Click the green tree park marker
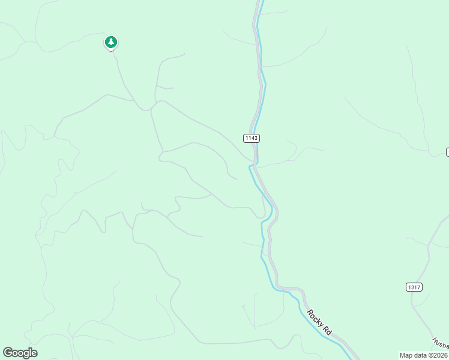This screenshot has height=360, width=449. click(110, 42)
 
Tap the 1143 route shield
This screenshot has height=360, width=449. click(252, 138)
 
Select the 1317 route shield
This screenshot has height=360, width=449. click(414, 287)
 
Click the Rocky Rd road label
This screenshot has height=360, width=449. click(319, 322)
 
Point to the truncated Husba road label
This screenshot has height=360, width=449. click(440, 343)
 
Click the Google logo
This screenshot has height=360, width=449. click(20, 353)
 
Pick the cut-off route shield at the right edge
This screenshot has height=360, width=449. click(447, 152)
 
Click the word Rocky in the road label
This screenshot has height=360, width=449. click(315, 318)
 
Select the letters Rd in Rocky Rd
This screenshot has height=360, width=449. click(327, 330)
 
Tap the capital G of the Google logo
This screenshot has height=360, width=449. click(7, 353)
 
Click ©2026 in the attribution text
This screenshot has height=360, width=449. click(437, 355)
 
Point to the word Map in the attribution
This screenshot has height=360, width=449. click(406, 355)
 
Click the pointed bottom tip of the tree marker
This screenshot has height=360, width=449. click(110, 50)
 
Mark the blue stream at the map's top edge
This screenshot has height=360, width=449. click(259, 3)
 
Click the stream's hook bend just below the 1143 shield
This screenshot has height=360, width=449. click(250, 167)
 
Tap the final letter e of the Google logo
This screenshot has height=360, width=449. click(34, 353)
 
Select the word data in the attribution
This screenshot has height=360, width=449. click(420, 355)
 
